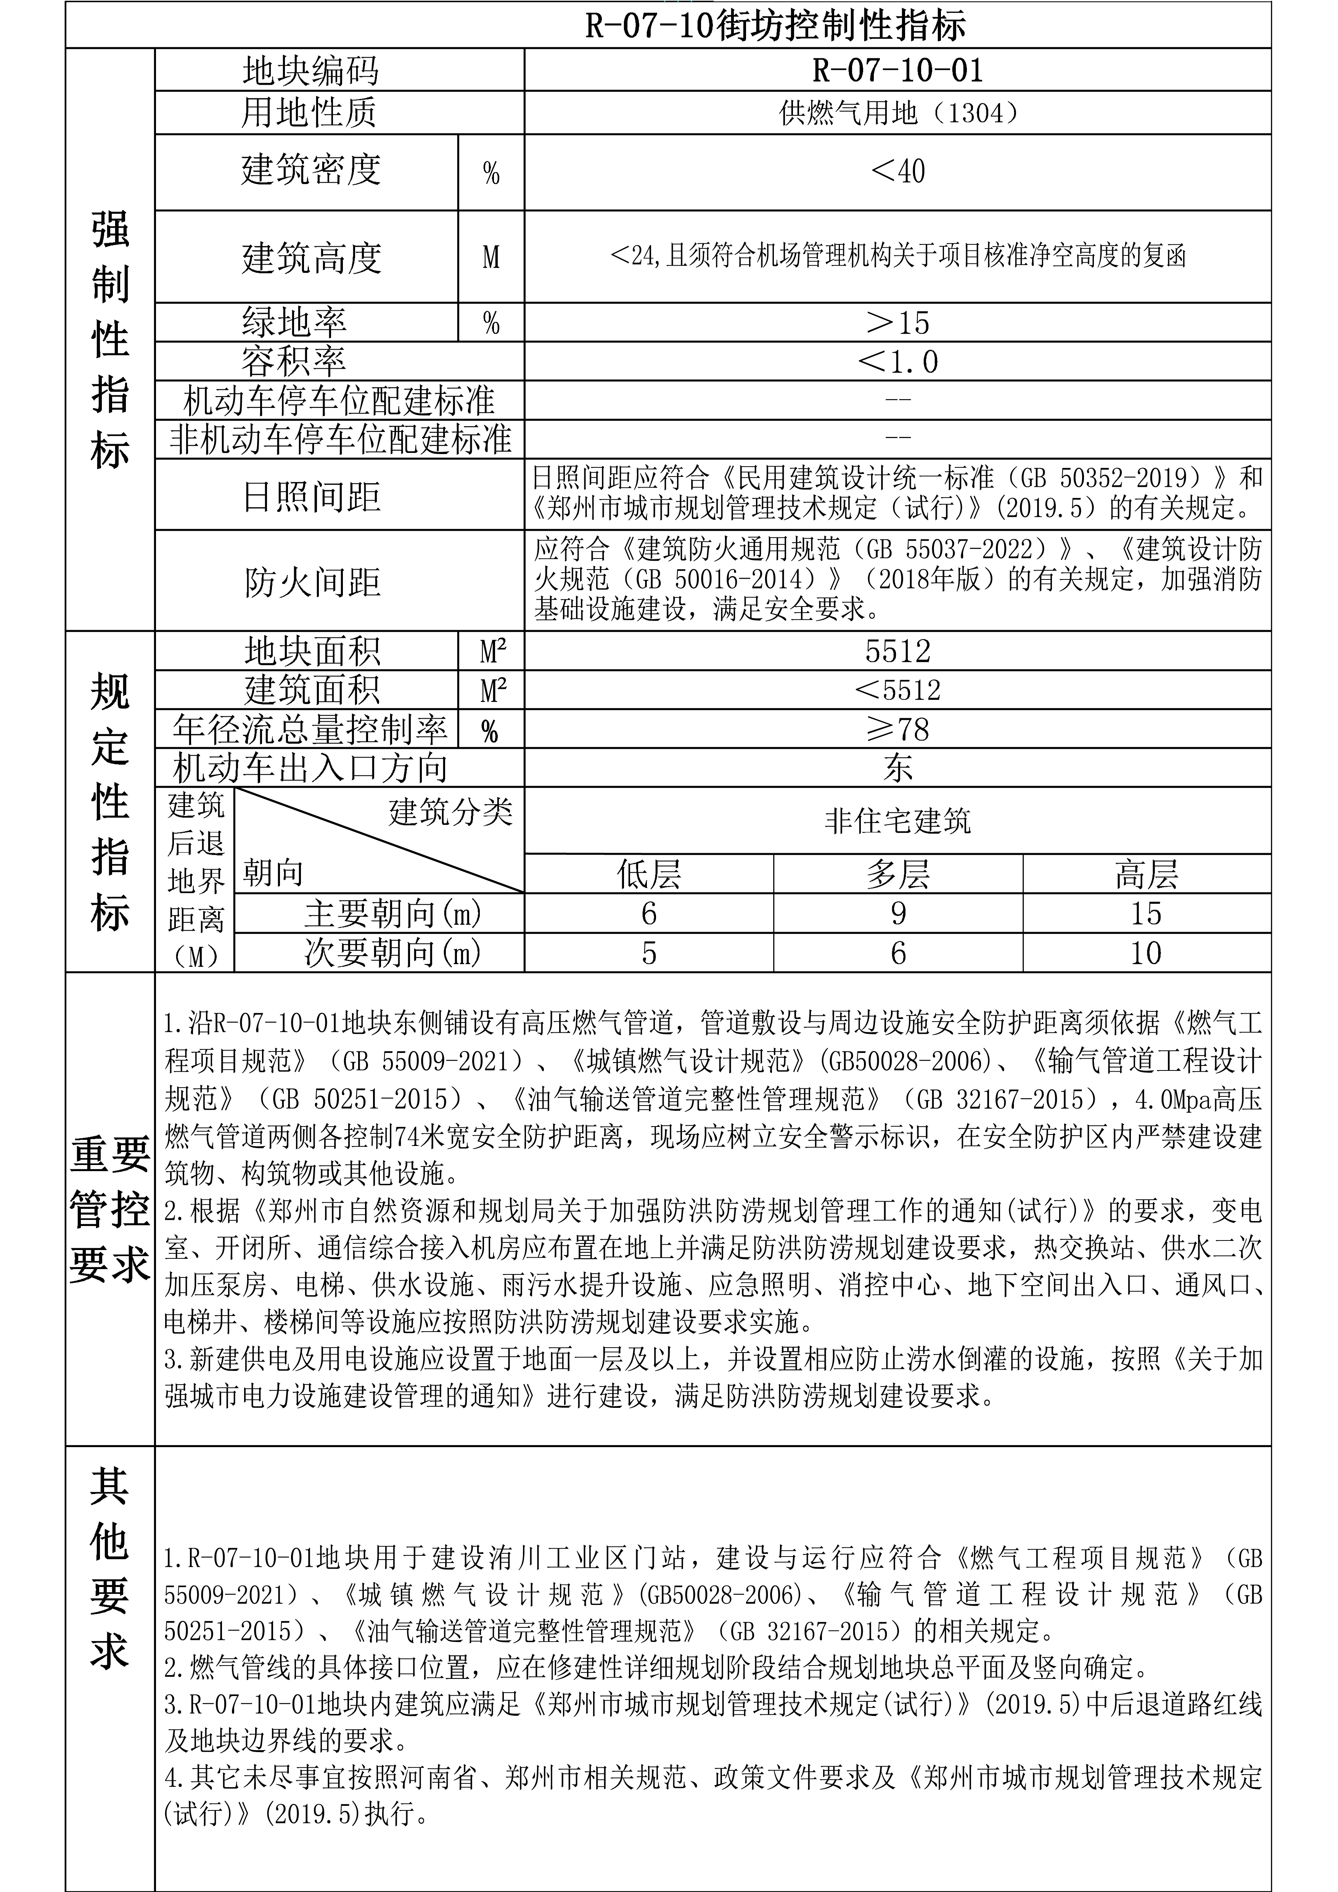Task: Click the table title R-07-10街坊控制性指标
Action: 775,26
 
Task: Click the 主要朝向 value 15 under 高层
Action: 1146,913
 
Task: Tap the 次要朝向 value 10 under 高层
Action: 1146,953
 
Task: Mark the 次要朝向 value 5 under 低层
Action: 649,953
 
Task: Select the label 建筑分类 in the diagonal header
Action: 450,812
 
